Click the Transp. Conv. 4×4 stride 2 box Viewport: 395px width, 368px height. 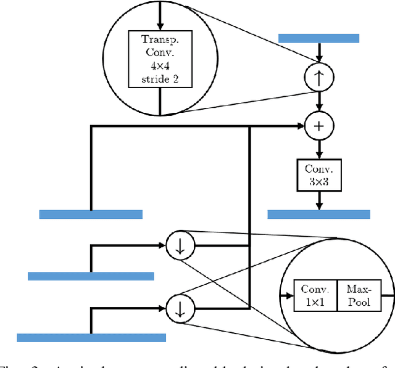160,59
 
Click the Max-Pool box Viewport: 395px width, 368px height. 359,295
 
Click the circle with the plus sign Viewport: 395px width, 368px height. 318,126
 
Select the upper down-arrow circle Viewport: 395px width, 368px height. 180,245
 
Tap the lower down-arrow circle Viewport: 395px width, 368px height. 180,305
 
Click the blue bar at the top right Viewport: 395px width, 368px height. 318,38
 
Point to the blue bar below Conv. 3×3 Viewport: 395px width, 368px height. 318,214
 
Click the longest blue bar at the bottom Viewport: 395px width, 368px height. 91,337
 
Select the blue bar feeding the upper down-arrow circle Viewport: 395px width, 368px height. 91,276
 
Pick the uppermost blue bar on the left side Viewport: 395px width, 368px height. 91,214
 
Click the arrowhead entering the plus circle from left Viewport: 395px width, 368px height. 301,126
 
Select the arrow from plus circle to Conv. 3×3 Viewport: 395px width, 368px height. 318,148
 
